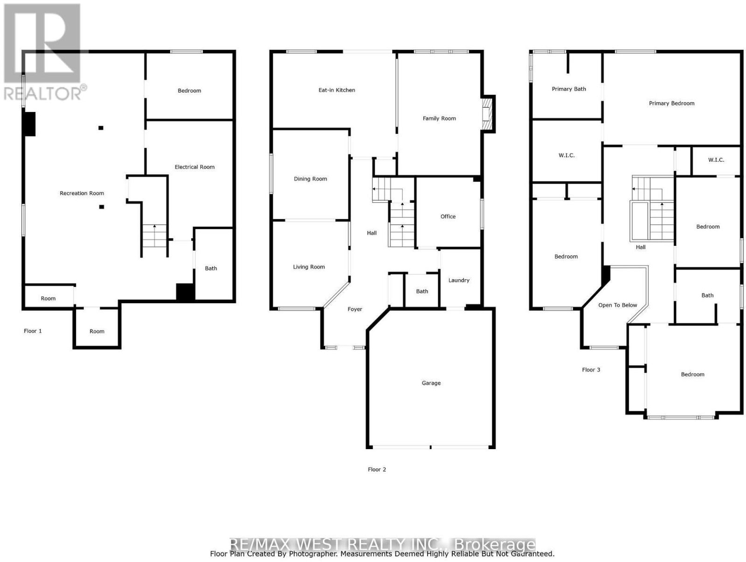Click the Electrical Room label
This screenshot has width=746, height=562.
point(194,167)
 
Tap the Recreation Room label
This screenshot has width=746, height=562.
point(82,193)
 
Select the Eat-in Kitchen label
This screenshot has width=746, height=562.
point(337,90)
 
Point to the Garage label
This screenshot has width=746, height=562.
point(431,383)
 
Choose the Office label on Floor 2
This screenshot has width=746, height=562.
point(448,216)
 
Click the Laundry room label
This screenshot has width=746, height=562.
point(458,280)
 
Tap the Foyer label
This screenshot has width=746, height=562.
point(354,309)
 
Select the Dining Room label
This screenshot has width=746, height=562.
point(311,179)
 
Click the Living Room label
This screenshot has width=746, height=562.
point(309,267)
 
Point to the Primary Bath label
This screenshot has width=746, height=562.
point(568,89)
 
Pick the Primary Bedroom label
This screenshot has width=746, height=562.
point(671,104)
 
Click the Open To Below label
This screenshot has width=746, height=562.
point(617,305)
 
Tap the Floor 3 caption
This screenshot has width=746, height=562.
point(591,370)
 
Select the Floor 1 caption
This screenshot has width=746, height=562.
point(33,331)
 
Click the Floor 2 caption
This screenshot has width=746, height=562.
point(377,470)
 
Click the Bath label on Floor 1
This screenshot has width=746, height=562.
point(211,269)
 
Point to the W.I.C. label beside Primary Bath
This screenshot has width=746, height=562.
point(566,156)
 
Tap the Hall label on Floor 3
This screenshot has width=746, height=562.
point(640,248)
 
